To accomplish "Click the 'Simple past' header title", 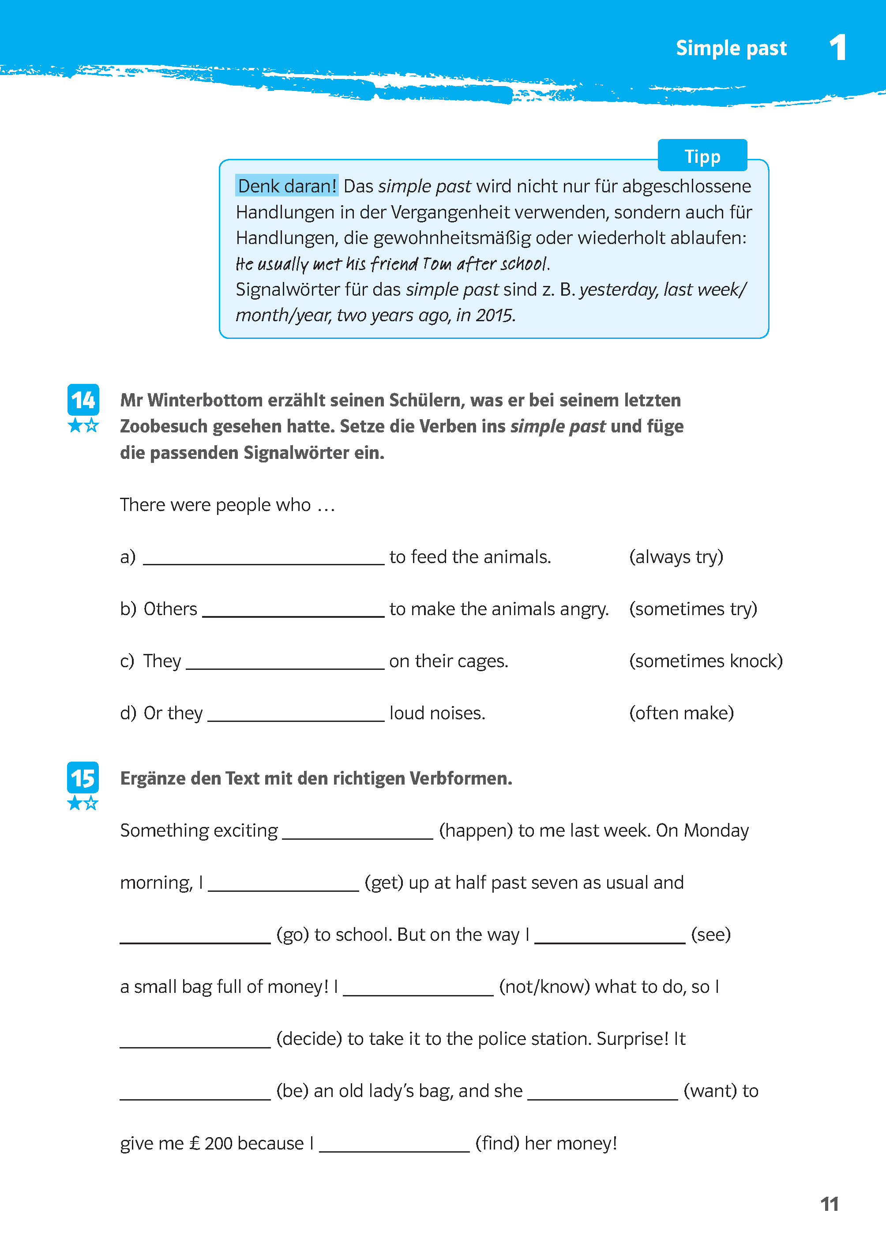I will tap(731, 49).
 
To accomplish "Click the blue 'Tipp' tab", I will tap(702, 157).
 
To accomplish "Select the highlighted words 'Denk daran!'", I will tap(287, 186).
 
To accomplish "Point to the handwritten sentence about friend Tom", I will tap(392, 264).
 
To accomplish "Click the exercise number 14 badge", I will tap(83, 400).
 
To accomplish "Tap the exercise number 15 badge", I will tap(83, 778).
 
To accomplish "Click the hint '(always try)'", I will tap(676, 557).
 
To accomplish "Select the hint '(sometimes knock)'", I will tap(706, 661).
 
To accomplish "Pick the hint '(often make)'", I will tap(681, 713).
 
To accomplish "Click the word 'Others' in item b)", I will tap(170, 609).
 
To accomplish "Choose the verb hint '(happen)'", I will tap(476, 830).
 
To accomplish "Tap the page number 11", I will tap(829, 1204).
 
